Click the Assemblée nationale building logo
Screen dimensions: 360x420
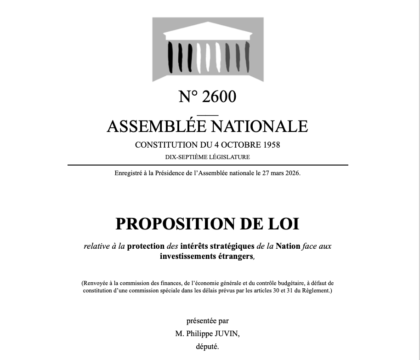point(208,49)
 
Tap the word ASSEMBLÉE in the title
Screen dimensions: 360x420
point(151,126)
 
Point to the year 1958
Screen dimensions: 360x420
point(272,145)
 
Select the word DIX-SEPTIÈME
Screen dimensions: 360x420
point(185,157)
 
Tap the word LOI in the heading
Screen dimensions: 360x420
point(284,224)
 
